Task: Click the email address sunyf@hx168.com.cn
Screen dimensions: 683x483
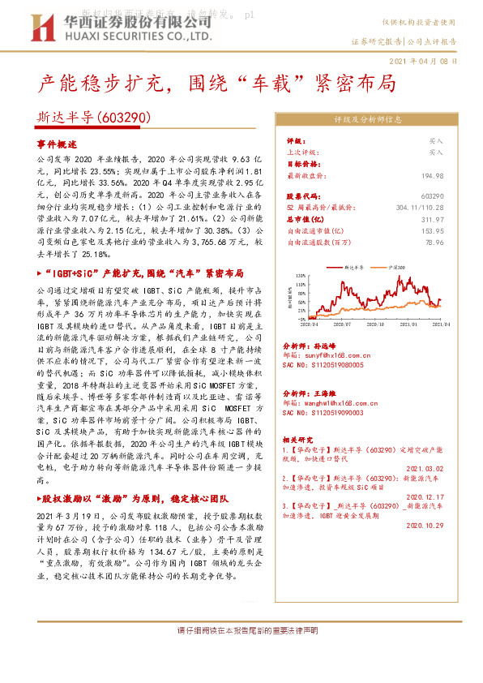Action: coord(330,355)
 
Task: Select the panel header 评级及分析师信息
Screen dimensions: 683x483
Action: coord(368,119)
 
